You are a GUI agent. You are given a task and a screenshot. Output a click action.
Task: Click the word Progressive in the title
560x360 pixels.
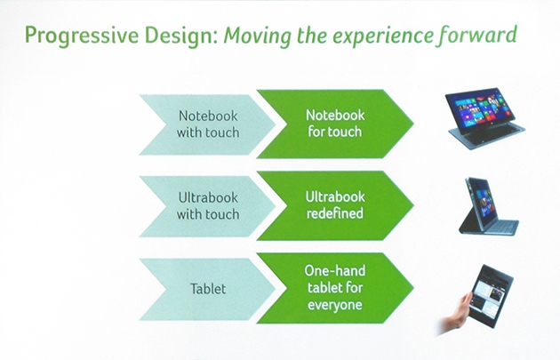pos(82,36)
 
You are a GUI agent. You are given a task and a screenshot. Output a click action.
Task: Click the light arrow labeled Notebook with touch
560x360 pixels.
pos(207,124)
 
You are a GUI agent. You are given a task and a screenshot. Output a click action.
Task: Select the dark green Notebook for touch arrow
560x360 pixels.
pos(335,124)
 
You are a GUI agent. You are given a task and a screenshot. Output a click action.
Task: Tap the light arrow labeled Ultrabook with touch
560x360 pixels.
pos(207,206)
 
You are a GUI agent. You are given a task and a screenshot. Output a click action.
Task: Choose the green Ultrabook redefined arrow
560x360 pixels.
pos(335,205)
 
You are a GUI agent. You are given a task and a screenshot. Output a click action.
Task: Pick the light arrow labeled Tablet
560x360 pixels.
pos(207,289)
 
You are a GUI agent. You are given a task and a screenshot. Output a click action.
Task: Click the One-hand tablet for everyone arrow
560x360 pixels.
pos(335,288)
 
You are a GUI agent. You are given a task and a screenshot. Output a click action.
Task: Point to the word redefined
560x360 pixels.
pos(334,213)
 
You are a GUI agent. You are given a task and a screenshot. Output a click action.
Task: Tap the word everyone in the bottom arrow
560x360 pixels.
pos(334,305)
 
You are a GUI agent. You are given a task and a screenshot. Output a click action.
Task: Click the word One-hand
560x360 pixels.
pos(334,270)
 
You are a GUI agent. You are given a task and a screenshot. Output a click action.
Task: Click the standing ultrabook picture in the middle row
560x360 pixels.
pos(489,206)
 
